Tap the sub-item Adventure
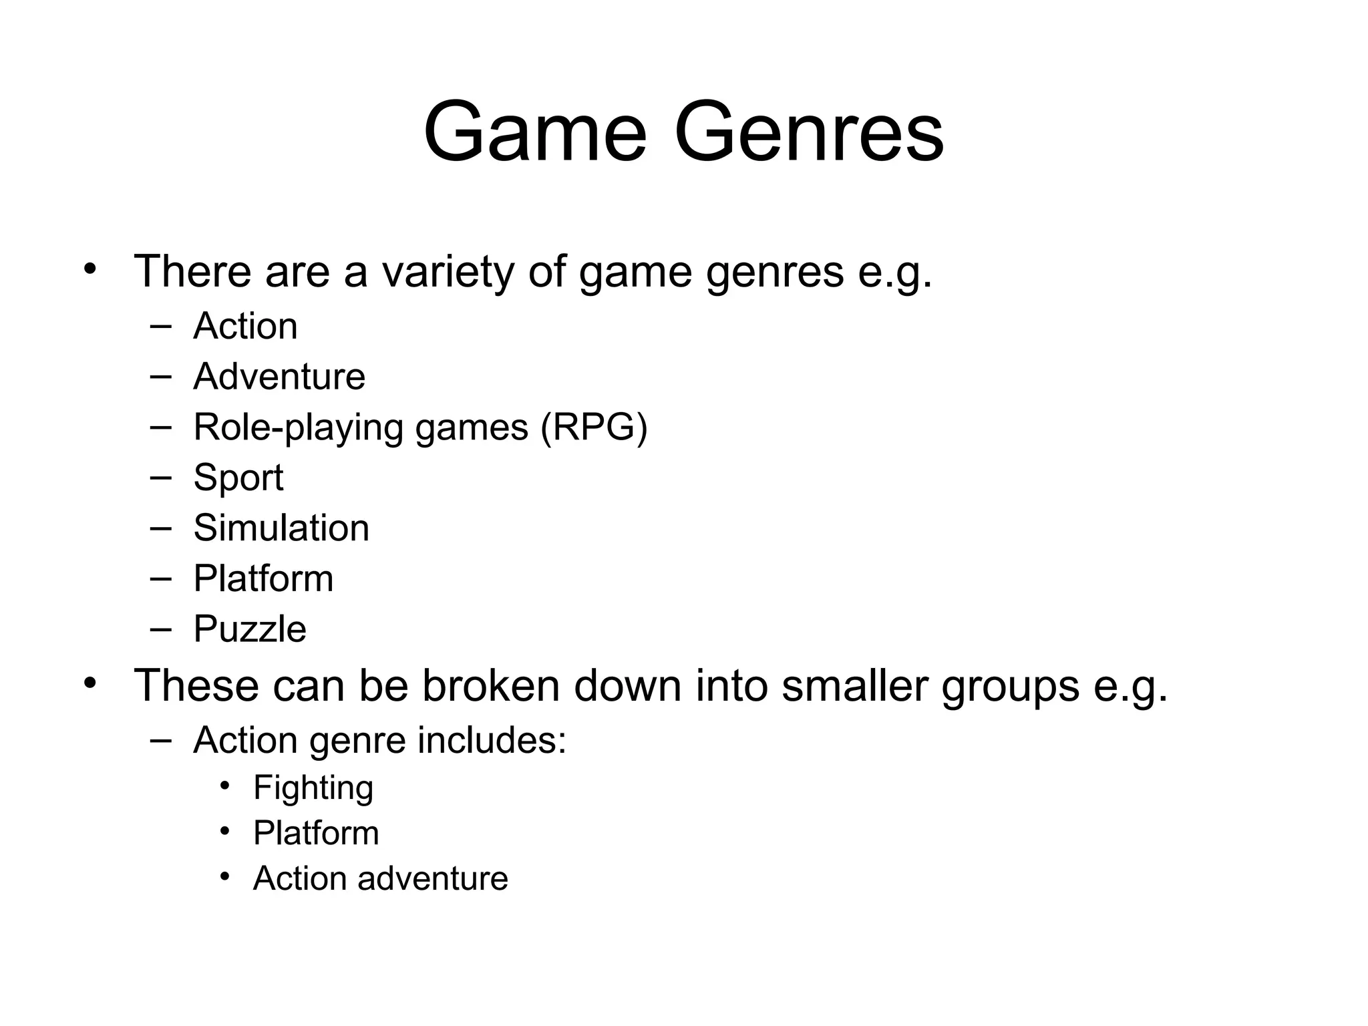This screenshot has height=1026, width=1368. click(279, 377)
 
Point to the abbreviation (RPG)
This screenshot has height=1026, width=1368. click(594, 427)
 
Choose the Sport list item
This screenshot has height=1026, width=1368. click(238, 478)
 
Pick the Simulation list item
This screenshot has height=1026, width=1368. click(281, 528)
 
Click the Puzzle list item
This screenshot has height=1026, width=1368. click(250, 629)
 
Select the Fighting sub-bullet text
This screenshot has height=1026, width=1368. click(313, 788)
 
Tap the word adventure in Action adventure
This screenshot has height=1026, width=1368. click(432, 878)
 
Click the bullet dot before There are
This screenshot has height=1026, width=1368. click(90, 270)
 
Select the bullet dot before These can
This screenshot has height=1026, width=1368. click(90, 683)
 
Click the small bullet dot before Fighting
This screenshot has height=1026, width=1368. click(225, 786)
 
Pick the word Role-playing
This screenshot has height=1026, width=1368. click(298, 427)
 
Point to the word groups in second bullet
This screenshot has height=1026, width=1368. click(1010, 687)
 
